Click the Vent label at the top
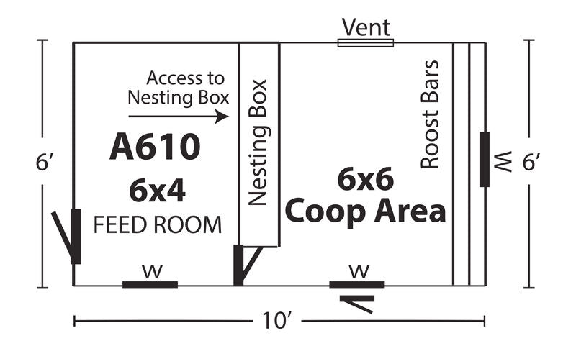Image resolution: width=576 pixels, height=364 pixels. coord(366,27)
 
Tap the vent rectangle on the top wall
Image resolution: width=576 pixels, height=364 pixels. coord(366,43)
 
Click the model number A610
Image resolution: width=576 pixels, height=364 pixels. coord(155,147)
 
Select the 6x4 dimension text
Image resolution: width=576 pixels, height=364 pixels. coord(157,191)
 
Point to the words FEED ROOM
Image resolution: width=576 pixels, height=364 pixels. coord(158,225)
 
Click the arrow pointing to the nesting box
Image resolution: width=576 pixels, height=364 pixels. coord(179,117)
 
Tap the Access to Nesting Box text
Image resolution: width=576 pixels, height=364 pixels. coord(178,88)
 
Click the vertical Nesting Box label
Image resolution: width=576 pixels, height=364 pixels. coord(258,142)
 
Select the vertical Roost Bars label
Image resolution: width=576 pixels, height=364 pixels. coord(430,114)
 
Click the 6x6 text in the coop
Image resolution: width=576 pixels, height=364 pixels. coord(366,179)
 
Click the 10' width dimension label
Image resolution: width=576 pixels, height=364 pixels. coord(277,321)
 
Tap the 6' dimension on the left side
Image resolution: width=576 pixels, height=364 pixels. coord(42,162)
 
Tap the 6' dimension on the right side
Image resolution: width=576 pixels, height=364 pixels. coord(531,162)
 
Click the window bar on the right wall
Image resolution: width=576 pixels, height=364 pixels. coord(485,159)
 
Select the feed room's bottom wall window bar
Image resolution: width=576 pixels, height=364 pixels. coord(150,285)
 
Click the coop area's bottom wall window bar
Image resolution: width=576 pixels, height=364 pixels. coord(357,285)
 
